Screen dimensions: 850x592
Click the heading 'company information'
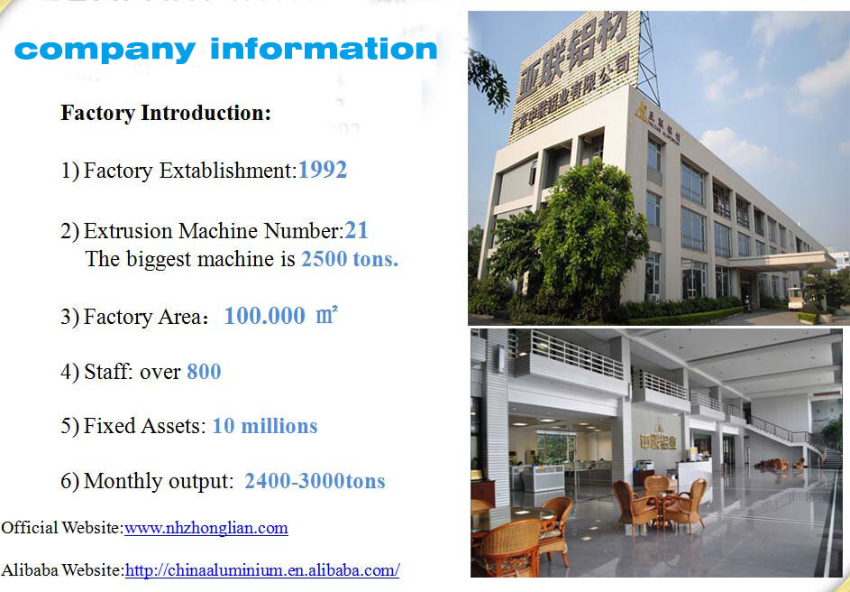click(x=225, y=50)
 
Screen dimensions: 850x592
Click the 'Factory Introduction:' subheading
click(x=166, y=113)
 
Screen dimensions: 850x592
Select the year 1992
click(x=323, y=170)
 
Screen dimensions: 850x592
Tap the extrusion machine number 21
click(x=356, y=231)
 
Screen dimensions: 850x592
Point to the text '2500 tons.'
click(x=350, y=259)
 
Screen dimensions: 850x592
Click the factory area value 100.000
click(x=265, y=316)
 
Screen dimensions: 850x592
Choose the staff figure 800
click(x=204, y=372)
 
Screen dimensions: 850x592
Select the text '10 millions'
click(x=265, y=426)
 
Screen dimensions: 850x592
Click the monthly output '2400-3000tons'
click(x=315, y=481)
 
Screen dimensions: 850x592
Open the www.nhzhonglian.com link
click(x=206, y=527)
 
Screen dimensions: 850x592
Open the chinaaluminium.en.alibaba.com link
click(x=262, y=570)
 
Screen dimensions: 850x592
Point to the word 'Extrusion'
click(x=128, y=231)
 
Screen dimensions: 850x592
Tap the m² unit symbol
click(x=327, y=314)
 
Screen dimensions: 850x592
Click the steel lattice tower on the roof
click(x=648, y=59)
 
